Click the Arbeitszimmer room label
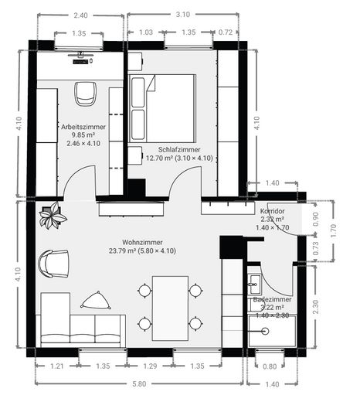[x=84, y=125]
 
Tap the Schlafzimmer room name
[x=178, y=149]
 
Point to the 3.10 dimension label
[x=182, y=14]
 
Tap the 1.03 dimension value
[x=145, y=32]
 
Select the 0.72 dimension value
[x=226, y=32]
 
